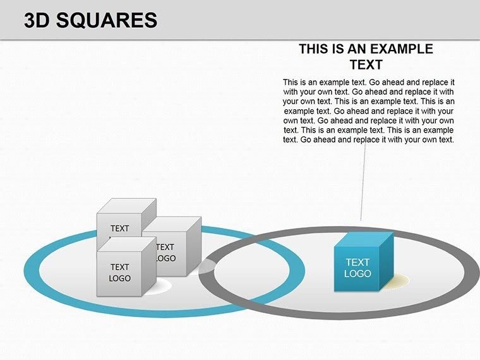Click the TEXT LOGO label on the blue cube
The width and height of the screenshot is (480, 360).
(357, 268)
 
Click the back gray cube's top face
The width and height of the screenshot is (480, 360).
(127, 207)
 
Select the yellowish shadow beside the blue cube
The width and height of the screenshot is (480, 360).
(398, 280)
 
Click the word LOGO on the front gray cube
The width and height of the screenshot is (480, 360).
(119, 278)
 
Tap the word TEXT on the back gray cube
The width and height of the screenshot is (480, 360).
(119, 228)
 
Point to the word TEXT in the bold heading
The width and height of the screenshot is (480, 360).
(366, 64)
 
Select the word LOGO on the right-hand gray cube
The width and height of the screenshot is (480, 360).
(165, 258)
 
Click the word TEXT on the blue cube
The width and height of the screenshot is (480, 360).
(357, 262)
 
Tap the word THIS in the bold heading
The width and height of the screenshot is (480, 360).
(316, 49)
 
